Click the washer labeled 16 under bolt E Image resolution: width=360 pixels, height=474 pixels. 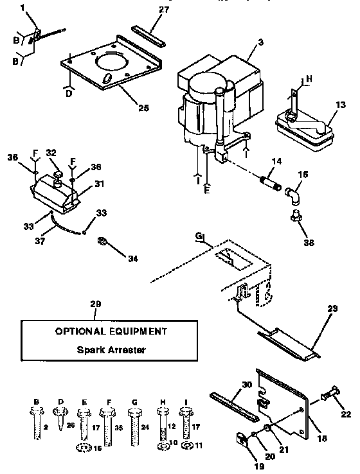point(84,448)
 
